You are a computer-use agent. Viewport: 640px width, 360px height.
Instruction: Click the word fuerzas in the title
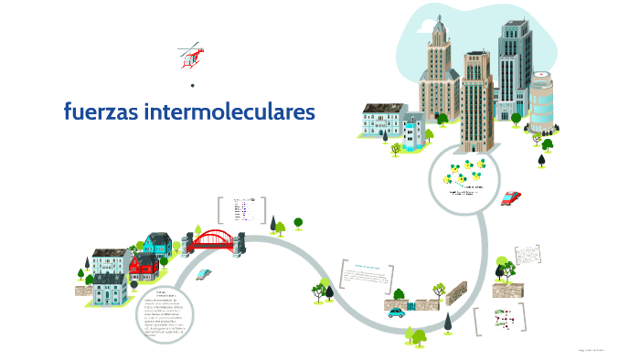coord(97,112)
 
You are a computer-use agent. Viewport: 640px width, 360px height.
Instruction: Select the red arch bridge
coord(213,239)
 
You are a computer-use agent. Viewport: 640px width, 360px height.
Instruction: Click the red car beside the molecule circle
coord(511,197)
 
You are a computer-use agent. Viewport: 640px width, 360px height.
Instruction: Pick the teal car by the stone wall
coord(397,312)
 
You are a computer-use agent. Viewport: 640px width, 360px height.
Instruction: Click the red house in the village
coord(144,267)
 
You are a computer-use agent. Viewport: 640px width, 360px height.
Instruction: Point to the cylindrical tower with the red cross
coord(542,101)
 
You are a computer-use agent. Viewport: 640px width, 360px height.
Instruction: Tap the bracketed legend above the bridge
coord(241,210)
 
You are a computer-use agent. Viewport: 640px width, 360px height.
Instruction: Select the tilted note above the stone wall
coord(528,259)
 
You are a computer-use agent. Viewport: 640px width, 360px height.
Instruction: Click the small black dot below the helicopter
coord(193,86)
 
